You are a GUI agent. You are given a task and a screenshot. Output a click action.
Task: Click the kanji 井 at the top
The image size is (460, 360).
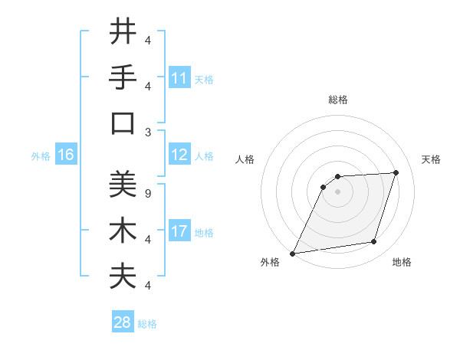click(123, 32)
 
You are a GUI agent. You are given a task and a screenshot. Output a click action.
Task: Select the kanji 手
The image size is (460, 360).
click(123, 77)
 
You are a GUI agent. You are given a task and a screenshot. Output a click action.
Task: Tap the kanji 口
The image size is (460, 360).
click(123, 123)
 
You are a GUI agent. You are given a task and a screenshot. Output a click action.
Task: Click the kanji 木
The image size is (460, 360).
click(123, 231)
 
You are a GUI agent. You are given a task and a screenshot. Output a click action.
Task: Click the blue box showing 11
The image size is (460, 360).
click(179, 78)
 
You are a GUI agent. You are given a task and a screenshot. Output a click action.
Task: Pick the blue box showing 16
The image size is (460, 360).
click(66, 155)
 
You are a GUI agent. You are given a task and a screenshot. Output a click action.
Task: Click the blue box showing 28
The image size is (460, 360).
click(123, 322)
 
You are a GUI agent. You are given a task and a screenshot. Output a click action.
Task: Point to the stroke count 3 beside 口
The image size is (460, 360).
click(148, 132)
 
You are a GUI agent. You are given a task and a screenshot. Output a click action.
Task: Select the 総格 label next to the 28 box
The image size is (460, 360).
click(147, 324)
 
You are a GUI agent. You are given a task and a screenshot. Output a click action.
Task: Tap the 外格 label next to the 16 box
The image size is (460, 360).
click(41, 156)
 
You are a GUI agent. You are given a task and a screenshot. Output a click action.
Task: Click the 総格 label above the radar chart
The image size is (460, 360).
click(337, 100)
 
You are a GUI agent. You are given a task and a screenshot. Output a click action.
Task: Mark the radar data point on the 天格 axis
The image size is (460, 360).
click(396, 172)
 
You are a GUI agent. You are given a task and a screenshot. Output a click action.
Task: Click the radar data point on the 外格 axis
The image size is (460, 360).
click(292, 254)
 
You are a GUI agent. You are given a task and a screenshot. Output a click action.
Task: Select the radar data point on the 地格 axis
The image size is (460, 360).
click(374, 242)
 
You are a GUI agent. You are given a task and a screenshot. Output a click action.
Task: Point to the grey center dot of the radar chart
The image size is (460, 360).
click(337, 191)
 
